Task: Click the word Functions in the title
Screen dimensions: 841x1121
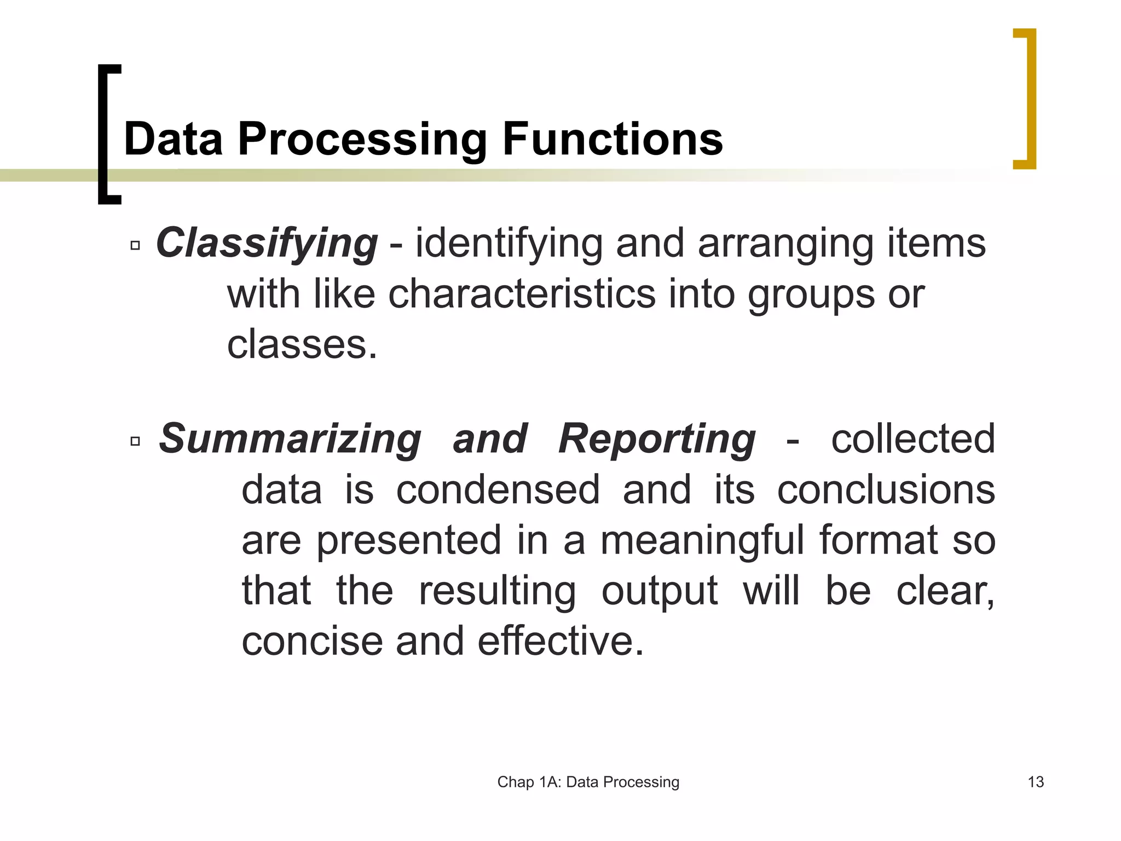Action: click(612, 140)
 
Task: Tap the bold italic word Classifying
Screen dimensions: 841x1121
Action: click(267, 243)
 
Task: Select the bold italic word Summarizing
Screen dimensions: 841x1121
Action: click(290, 439)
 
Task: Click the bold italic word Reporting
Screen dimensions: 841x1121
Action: click(657, 439)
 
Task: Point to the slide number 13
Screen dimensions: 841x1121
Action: click(1036, 782)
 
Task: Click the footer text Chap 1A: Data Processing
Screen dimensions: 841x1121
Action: click(588, 782)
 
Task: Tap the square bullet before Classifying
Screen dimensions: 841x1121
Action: click(135, 246)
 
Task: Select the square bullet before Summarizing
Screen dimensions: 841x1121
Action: click(135, 441)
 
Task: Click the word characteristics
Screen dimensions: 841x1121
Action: click(522, 294)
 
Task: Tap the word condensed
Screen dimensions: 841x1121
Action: click(498, 489)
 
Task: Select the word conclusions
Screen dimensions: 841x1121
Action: click(886, 489)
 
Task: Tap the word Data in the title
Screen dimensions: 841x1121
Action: click(174, 140)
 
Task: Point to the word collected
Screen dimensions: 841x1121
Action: click(912, 439)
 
